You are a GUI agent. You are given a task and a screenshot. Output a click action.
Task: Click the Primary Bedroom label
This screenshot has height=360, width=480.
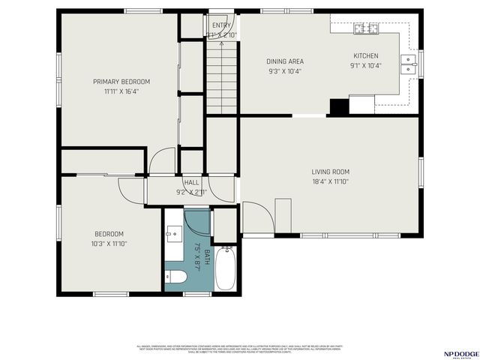tap(121, 82)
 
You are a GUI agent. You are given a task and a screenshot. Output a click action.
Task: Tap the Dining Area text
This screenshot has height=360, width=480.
tap(285, 61)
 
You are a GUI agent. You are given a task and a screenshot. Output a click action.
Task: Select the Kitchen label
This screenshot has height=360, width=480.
tap(366, 55)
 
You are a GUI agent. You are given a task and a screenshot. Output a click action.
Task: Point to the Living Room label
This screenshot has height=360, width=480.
tap(330, 172)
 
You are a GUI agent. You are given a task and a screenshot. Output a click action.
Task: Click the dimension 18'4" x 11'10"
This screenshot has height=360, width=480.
tap(330, 181)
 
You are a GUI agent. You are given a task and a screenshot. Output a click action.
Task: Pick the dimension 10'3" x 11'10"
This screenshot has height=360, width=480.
tap(110, 243)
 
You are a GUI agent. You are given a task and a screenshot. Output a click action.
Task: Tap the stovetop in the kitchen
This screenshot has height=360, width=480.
tap(367, 29)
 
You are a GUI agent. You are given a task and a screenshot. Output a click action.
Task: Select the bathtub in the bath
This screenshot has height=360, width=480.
tap(226, 270)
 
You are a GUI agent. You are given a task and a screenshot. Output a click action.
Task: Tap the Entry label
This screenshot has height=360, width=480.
tap(221, 25)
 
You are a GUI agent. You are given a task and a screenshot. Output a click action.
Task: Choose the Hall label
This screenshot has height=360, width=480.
tap(192, 182)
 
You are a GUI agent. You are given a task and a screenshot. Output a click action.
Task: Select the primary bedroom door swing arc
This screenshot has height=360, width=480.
tap(163, 160)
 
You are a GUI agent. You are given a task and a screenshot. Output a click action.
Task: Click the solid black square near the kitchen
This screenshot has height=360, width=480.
tap(339, 106)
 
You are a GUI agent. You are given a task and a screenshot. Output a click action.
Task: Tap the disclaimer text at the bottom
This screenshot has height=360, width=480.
tap(240, 349)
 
